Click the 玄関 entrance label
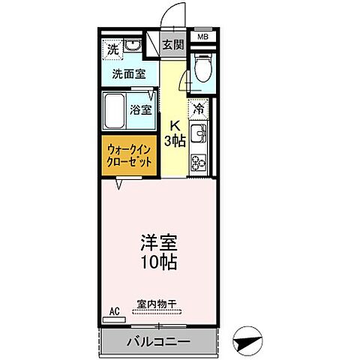173,45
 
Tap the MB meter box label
202,36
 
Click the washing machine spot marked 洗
112,49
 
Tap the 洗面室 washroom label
129,75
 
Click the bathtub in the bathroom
114,109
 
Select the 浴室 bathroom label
141,109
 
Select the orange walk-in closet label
129,154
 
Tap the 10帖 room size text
158,262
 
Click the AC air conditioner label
114,310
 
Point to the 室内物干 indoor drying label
157,304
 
